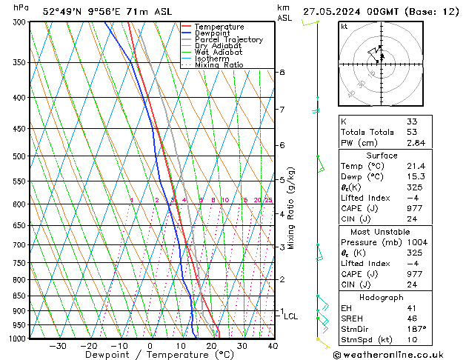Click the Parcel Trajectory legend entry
228,39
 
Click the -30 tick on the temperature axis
58,346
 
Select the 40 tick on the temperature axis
273,346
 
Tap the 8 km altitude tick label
282,73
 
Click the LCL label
291,316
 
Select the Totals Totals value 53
412,132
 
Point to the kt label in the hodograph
344,27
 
